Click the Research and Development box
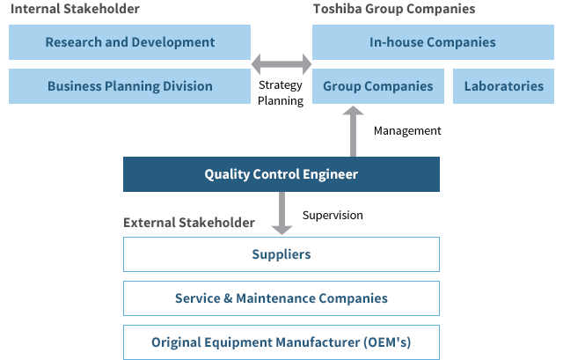(129, 42)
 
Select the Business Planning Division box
(129, 86)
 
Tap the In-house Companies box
(432, 42)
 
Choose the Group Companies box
(377, 86)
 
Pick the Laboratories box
(503, 86)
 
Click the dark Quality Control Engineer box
(281, 174)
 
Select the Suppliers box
(281, 254)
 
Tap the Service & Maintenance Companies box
(281, 298)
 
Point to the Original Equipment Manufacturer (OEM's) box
(281, 342)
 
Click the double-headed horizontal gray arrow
(281, 64)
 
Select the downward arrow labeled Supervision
(281, 214)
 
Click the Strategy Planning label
(281, 93)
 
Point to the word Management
(407, 131)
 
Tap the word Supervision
(332, 215)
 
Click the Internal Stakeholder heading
(75, 9)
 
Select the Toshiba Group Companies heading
(394, 9)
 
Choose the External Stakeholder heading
(189, 223)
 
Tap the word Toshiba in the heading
(334, 9)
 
